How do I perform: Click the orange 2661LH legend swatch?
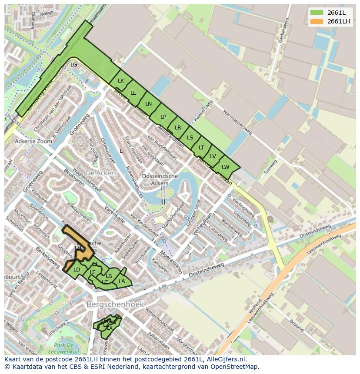(317, 21)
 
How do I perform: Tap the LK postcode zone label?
(121, 81)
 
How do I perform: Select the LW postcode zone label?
(225, 167)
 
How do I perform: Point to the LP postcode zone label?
(163, 116)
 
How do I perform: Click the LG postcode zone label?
(74, 65)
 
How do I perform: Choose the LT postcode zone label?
(201, 148)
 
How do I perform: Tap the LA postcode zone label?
(122, 281)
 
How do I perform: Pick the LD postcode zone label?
(77, 270)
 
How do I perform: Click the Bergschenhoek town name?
(114, 304)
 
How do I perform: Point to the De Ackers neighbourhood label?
(101, 173)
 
